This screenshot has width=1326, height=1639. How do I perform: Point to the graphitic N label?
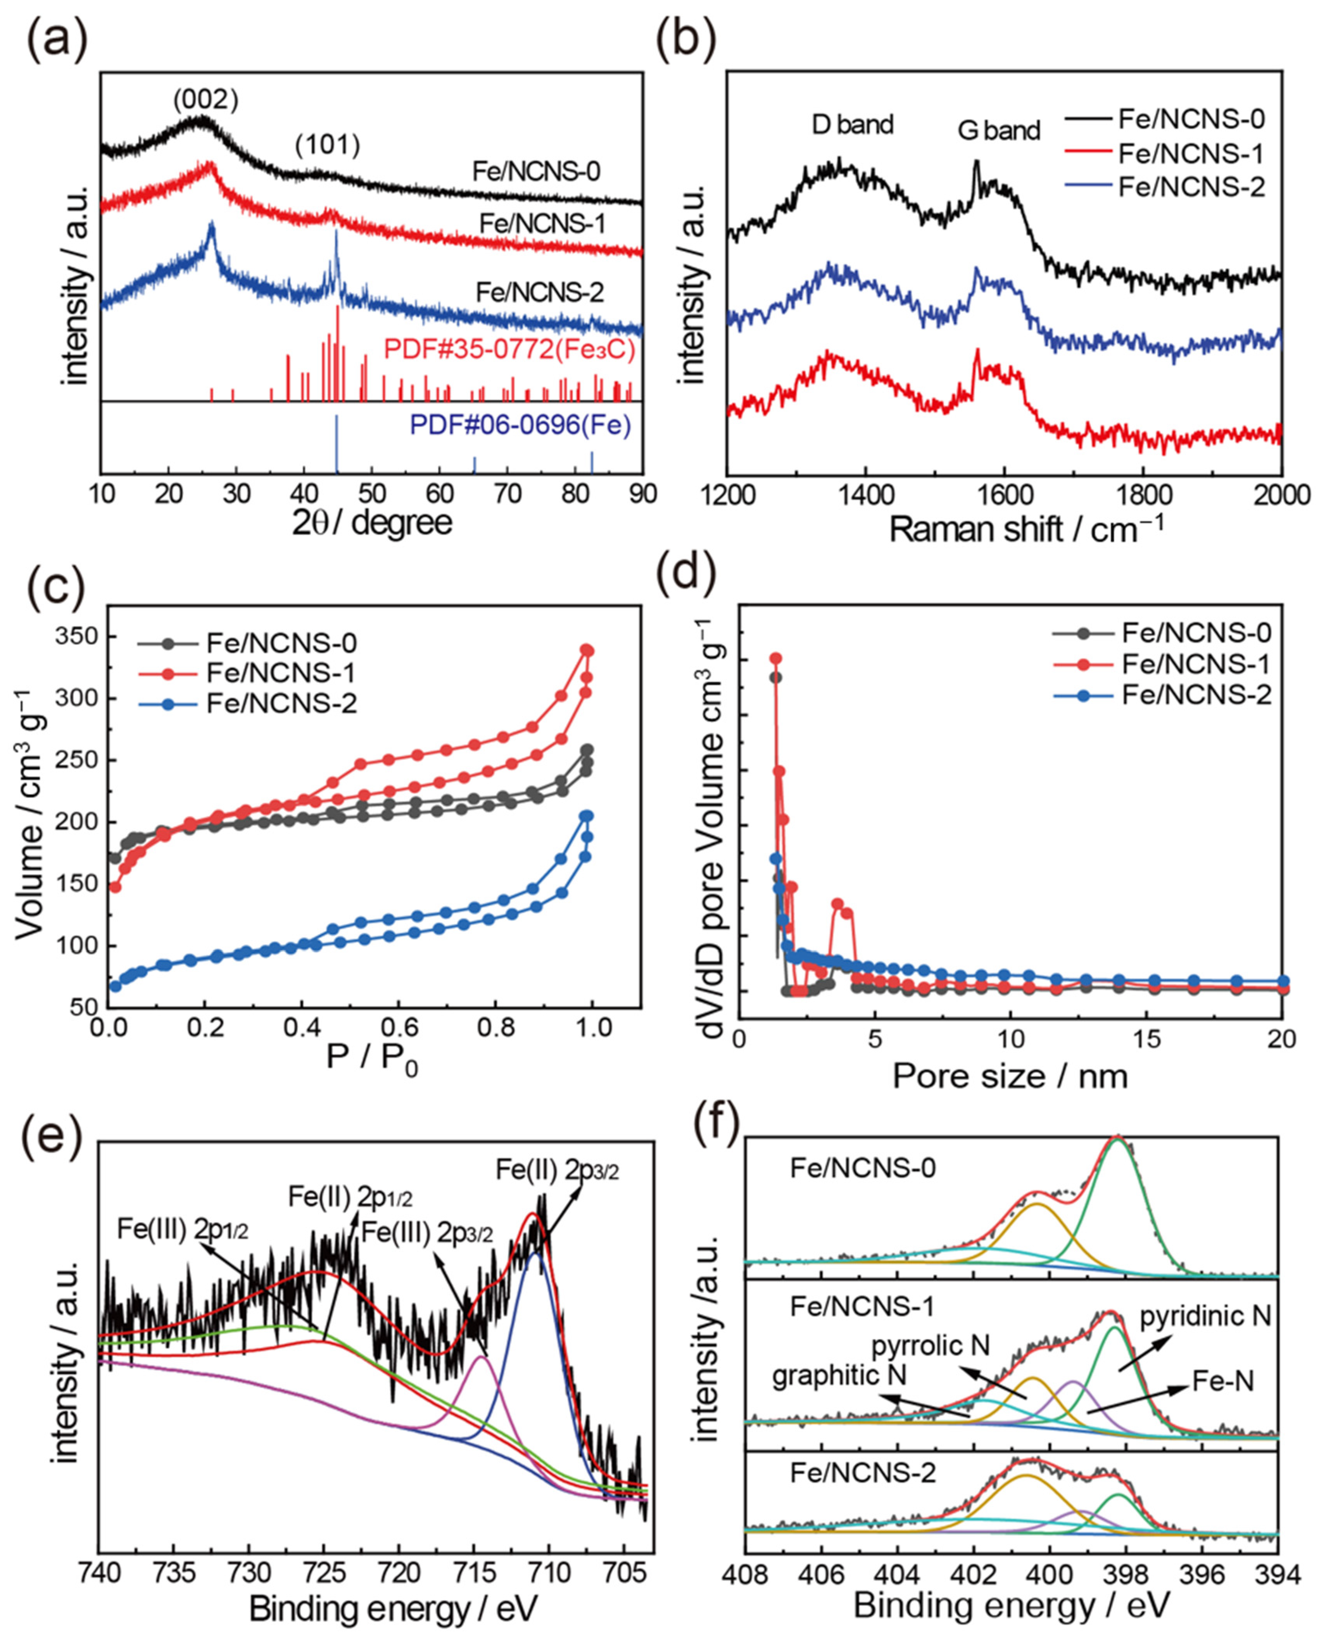tap(839, 1375)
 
